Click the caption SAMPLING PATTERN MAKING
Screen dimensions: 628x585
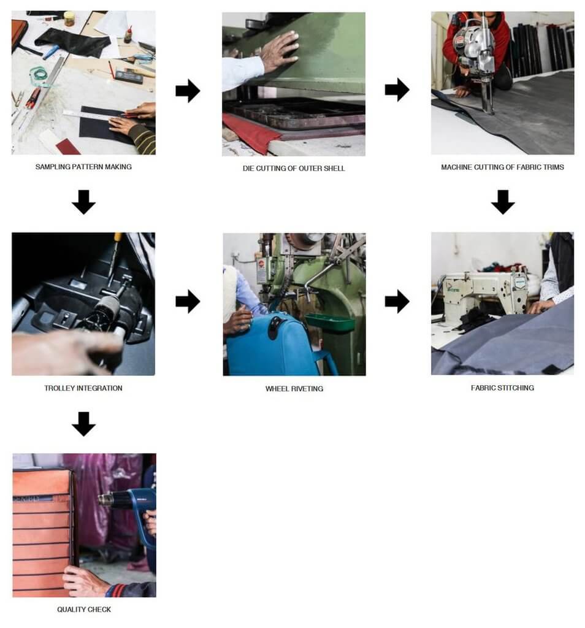(x=83, y=167)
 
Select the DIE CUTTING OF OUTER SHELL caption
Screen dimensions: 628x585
(x=294, y=168)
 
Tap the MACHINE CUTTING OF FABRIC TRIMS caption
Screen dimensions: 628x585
(x=502, y=167)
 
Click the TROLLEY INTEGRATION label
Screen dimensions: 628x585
(x=83, y=388)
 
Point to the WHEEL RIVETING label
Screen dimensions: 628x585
(x=294, y=389)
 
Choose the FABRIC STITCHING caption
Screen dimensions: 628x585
(x=502, y=388)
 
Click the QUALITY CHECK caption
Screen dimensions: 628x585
(x=84, y=610)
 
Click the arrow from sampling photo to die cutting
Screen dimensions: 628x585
(x=188, y=91)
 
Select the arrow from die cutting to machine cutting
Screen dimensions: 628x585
(x=397, y=90)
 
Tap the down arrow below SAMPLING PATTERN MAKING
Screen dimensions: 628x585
(x=83, y=202)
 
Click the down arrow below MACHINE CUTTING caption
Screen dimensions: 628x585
(x=503, y=202)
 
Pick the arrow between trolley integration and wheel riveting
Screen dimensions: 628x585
(x=188, y=301)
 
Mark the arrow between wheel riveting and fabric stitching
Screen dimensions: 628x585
(x=397, y=301)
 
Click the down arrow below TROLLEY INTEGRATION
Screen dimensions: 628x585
(x=83, y=423)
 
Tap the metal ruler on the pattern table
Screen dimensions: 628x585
(x=92, y=113)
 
